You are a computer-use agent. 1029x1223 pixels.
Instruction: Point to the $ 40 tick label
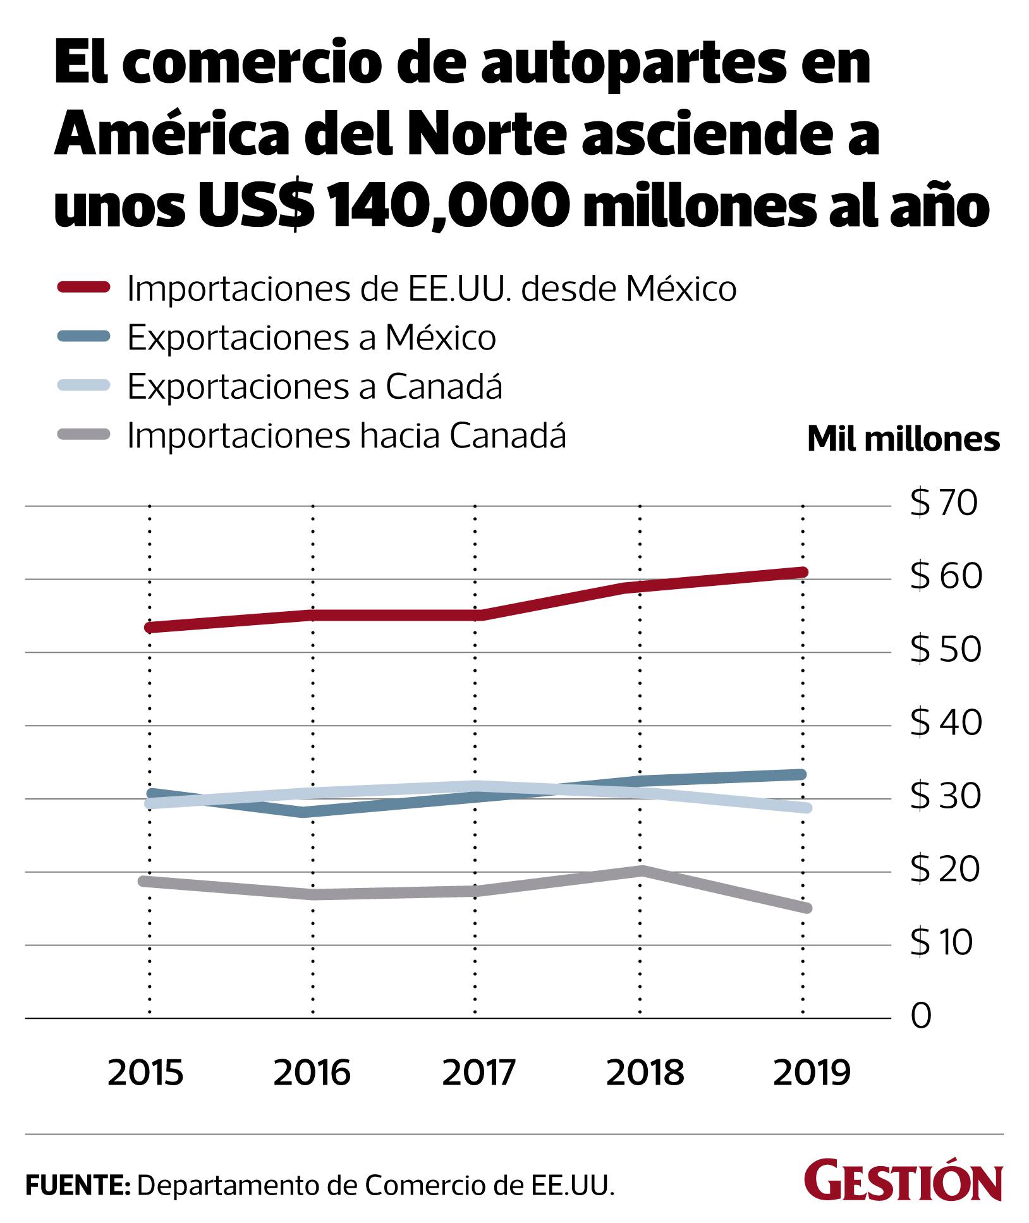click(x=946, y=723)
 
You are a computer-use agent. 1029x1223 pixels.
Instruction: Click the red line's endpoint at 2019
click(x=803, y=573)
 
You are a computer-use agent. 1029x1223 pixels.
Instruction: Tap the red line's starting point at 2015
click(x=150, y=628)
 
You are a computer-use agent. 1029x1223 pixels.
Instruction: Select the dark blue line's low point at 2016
click(x=307, y=812)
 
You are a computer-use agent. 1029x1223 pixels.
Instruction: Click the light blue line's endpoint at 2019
click(x=805, y=808)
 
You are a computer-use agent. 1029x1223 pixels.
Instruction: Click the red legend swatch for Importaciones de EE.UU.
click(x=84, y=288)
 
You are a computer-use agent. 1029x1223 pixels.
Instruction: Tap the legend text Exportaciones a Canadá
click(x=315, y=386)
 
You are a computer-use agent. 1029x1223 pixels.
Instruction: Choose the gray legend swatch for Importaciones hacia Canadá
click(x=84, y=435)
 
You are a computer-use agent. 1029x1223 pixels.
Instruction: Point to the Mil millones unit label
click(x=903, y=439)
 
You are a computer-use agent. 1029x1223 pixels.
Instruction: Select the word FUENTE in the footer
click(x=76, y=1184)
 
